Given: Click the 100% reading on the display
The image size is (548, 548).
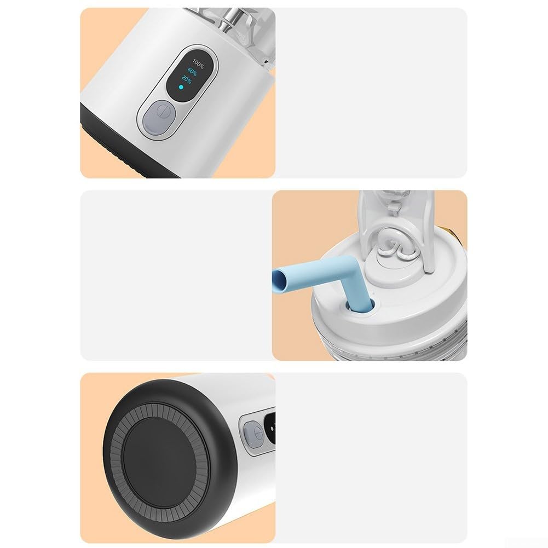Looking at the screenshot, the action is click(x=198, y=64).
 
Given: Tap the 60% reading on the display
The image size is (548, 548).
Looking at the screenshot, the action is click(x=192, y=72).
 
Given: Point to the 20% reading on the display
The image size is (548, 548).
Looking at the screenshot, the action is click(x=186, y=80).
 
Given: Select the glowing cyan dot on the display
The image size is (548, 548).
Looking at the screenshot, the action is click(x=181, y=87).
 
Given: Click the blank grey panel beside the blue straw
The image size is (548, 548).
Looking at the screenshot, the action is click(x=176, y=275).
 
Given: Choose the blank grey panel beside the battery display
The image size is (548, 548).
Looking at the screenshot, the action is click(x=371, y=93).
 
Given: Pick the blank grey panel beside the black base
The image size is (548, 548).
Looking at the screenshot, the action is click(x=371, y=458).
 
